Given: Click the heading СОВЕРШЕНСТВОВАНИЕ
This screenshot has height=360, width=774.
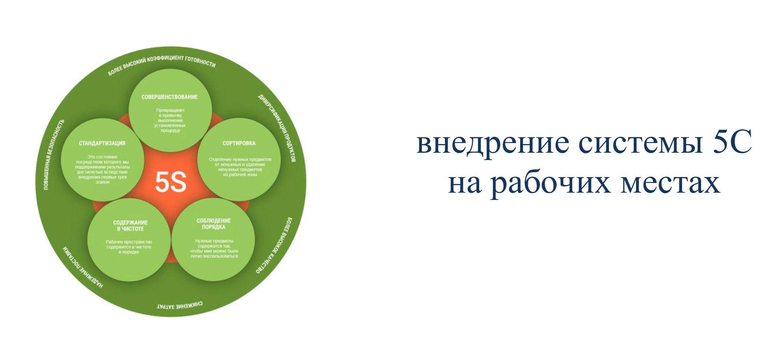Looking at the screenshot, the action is [169, 97].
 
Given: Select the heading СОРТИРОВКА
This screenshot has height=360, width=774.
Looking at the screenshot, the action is [239, 143].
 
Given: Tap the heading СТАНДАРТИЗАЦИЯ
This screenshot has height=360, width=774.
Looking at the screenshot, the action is [102, 143].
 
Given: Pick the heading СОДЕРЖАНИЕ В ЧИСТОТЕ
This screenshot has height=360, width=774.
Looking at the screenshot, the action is [130, 226].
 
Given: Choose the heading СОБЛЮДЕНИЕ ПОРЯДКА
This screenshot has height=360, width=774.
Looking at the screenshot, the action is [214, 224].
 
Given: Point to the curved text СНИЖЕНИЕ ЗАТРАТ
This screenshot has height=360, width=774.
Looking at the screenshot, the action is [180, 306].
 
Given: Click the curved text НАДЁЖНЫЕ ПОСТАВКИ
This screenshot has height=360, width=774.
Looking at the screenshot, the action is [82, 268].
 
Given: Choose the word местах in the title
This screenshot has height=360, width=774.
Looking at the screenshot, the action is [670, 184].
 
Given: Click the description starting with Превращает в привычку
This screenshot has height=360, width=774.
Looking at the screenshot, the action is [170, 120].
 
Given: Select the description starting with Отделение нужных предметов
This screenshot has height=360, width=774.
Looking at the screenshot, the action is [240, 167].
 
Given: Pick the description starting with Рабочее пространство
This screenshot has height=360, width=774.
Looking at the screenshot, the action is [129, 247].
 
